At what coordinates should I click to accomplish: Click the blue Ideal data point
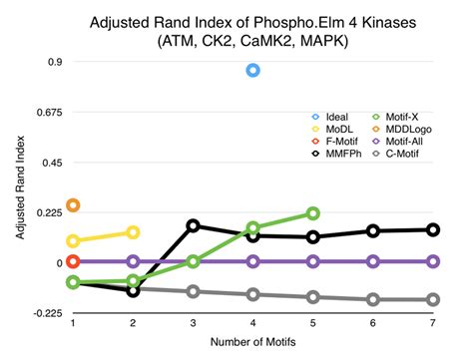[x=252, y=70]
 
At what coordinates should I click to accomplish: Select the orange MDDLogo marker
[x=73, y=205]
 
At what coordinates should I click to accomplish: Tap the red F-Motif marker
[x=73, y=261]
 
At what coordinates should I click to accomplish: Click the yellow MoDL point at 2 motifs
[x=133, y=232]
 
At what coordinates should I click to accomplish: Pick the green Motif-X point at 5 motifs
[x=312, y=212]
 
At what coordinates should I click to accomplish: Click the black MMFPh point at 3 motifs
[x=193, y=226]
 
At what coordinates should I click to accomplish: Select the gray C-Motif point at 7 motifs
[x=432, y=299]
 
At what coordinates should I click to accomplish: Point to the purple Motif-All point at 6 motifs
[x=372, y=261]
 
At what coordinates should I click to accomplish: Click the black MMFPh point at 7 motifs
[x=432, y=229]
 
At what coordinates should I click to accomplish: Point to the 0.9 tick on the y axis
[x=54, y=62]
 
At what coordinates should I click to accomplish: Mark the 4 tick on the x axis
[x=252, y=323]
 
